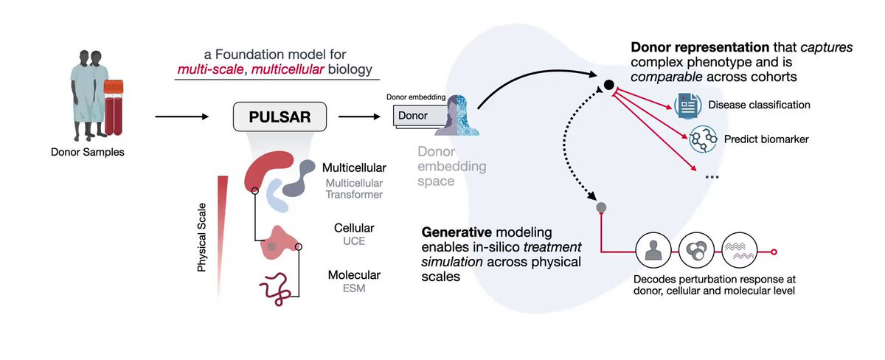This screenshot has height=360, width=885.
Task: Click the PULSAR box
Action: (x=280, y=117)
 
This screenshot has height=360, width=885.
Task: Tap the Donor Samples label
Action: (x=87, y=152)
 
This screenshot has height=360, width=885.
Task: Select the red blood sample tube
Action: (x=114, y=108)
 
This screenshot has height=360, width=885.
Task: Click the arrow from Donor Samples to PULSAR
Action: (x=181, y=117)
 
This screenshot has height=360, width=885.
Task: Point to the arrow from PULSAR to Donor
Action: (x=359, y=117)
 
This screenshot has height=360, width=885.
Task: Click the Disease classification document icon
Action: (x=688, y=105)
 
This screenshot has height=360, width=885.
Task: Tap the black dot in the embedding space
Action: (x=609, y=85)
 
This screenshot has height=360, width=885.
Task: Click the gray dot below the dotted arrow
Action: (x=601, y=207)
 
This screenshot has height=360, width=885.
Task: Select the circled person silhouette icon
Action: (x=653, y=251)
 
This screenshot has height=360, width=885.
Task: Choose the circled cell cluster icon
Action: (x=696, y=251)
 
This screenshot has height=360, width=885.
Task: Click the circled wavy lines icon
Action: (x=739, y=251)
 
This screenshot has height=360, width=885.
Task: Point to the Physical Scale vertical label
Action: (x=202, y=238)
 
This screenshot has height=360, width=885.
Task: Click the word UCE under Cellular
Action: (x=354, y=241)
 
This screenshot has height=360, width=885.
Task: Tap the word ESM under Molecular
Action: (x=354, y=288)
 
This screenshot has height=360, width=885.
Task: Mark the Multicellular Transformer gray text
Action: (x=354, y=189)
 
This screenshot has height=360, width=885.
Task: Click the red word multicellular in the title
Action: (x=288, y=69)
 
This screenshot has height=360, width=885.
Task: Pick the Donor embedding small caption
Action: (x=416, y=97)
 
